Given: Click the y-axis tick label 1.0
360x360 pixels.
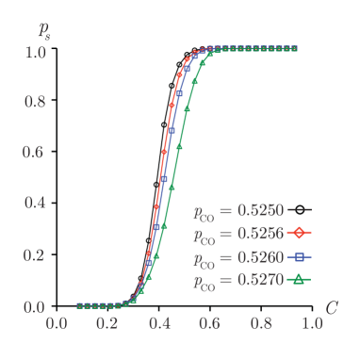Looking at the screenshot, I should click(35, 50).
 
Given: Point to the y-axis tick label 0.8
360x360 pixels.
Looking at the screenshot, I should click(35, 101).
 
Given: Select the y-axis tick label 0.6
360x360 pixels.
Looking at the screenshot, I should click(35, 152).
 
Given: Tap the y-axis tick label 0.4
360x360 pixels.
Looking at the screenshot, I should click(35, 204).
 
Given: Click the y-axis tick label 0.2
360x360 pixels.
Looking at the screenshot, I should click(35, 254).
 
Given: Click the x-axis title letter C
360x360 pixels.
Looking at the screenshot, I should click(332, 307).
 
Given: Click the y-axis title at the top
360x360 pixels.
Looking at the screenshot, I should click(44, 28).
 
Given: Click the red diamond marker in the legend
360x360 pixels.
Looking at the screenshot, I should click(298, 232).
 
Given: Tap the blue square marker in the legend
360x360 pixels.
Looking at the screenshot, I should click(298, 255).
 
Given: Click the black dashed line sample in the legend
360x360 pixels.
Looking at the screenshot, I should click(298, 209).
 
